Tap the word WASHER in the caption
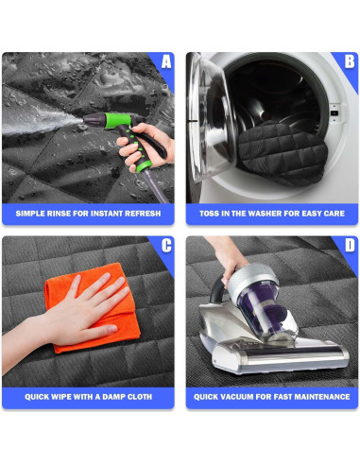coord(266,214)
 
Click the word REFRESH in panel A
coord(143,214)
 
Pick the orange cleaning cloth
coord(92,307)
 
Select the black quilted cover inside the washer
coord(283,152)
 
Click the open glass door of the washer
coord(212,116)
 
